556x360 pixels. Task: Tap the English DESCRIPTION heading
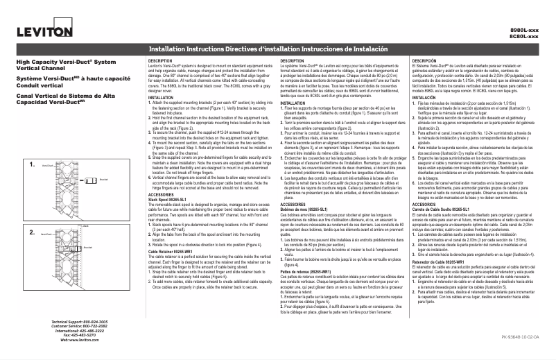tap(161, 61)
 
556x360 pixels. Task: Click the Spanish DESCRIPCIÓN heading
tap(425, 61)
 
